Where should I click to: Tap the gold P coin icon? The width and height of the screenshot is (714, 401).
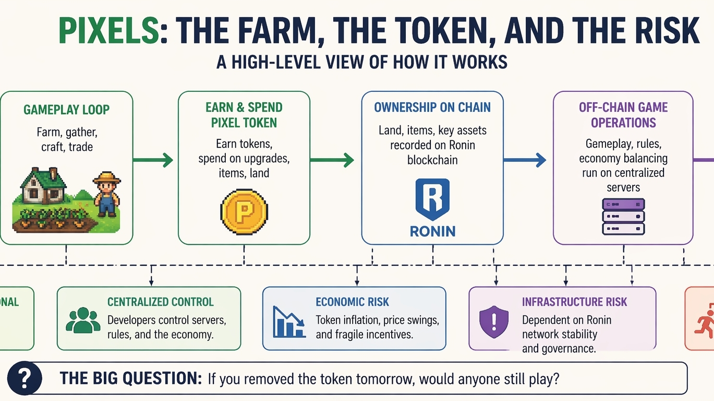244,211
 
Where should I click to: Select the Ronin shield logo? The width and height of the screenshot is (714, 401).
432,199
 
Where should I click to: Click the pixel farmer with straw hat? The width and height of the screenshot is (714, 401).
107,194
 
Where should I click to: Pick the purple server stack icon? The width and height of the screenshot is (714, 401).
623,217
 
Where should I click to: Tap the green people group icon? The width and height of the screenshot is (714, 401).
83,320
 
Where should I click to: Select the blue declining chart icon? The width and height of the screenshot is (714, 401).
289,321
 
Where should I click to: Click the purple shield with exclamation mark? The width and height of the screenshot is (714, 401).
493,320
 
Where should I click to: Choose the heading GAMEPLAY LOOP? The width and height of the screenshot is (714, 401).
66,110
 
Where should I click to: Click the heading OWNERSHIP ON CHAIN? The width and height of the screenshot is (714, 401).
432,108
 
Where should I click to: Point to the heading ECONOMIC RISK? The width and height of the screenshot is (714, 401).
352,302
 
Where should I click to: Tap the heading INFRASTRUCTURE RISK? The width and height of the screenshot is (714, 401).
574,302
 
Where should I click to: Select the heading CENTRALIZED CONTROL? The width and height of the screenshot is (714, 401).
161,302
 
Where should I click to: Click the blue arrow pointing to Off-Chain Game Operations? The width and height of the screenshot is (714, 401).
525,160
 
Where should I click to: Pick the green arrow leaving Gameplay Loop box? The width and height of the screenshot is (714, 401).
153,160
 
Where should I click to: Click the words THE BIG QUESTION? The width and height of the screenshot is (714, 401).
130,378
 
